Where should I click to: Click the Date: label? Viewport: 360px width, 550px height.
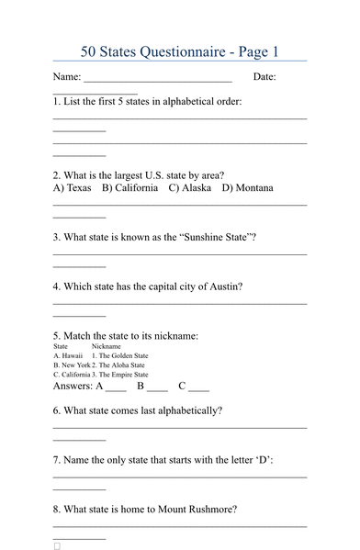pyautogui.click(x=264, y=77)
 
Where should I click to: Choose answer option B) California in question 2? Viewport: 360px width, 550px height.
pyautogui.click(x=130, y=188)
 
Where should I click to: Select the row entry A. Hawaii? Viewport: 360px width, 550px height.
pyautogui.click(x=68, y=355)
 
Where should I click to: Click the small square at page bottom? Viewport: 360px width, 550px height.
pyautogui.click(x=57, y=545)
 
